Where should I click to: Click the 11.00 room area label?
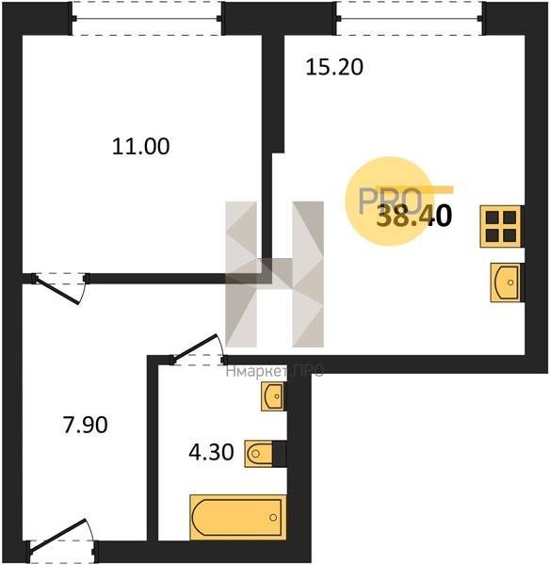pyautogui.click(x=140, y=147)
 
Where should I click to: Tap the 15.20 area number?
pyautogui.click(x=334, y=68)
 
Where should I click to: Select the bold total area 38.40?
pyautogui.click(x=413, y=217)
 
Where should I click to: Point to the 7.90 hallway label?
pyautogui.click(x=85, y=425)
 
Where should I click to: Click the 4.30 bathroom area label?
pyautogui.click(x=211, y=452)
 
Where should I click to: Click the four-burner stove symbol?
pyautogui.click(x=501, y=226)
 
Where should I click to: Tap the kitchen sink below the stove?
pyautogui.click(x=506, y=282)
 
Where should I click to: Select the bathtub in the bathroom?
pyautogui.click(x=238, y=517)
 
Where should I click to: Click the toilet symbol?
pyautogui.click(x=259, y=454)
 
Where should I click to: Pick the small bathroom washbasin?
pyautogui.click(x=273, y=396)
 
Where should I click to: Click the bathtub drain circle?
pyautogui.click(x=273, y=517)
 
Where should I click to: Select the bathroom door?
pyautogui.click(x=198, y=349)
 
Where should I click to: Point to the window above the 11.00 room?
pyautogui.click(x=147, y=19)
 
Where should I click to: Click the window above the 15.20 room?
pyautogui.click(x=409, y=19)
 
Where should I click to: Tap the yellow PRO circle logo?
pyautogui.click(x=389, y=202)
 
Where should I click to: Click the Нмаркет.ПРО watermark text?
pyautogui.click(x=275, y=371)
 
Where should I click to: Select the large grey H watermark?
pyautogui.click(x=275, y=274)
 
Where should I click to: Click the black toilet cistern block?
pyautogui.click(x=280, y=454)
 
